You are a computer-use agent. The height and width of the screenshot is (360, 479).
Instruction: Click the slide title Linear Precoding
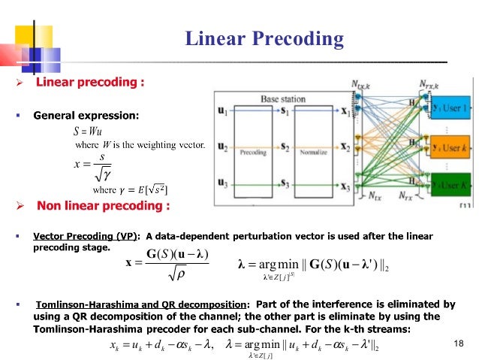click(x=264, y=39)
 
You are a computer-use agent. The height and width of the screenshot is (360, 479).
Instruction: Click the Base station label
click(x=283, y=98)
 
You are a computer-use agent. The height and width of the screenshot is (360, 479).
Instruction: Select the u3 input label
click(x=223, y=183)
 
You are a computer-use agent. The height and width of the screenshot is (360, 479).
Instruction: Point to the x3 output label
click(x=345, y=183)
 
